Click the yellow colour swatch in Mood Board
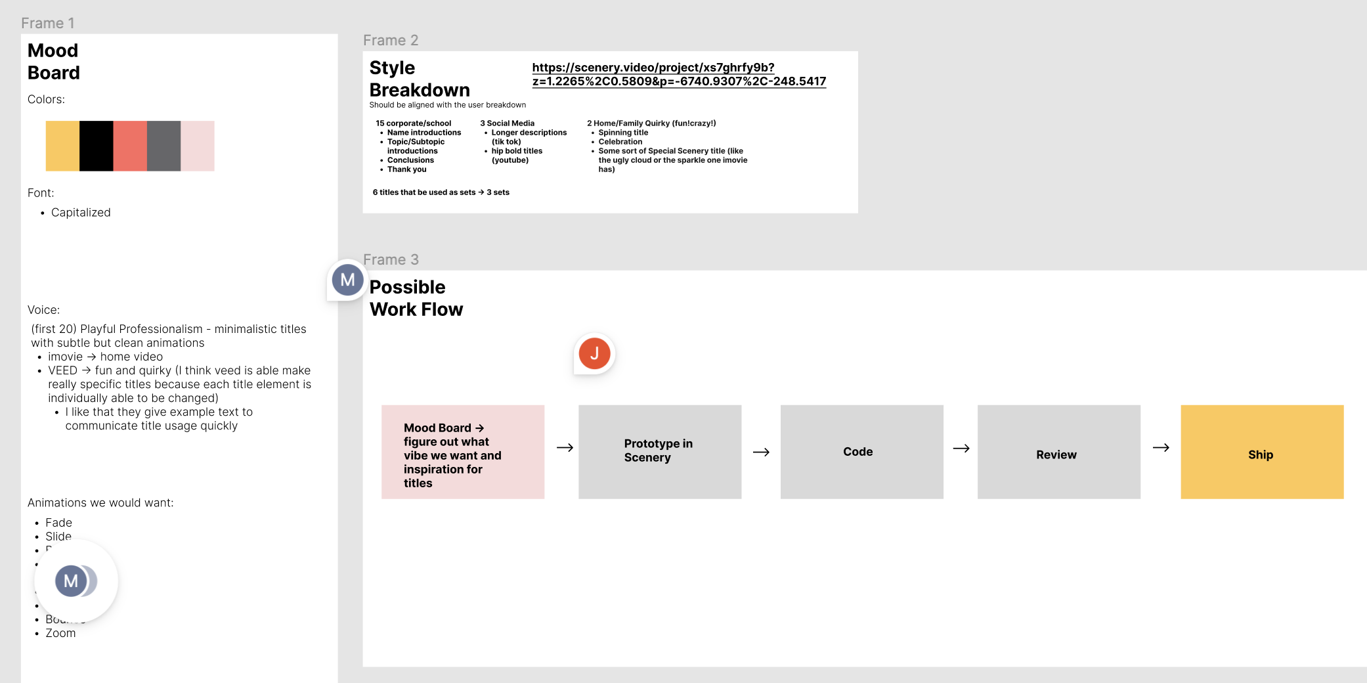coord(62,146)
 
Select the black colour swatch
coord(97,146)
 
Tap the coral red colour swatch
coord(130,146)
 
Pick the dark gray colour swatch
coord(163,146)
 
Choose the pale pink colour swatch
coord(198,146)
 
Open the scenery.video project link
coord(679,74)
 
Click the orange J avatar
coord(594,353)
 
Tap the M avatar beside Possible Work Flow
coord(347,280)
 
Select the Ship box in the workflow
coord(1261,452)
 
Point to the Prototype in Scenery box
coord(659,452)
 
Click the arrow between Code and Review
coord(961,449)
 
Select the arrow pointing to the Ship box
coord(1161,448)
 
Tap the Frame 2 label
coord(391,41)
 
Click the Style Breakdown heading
coord(420,79)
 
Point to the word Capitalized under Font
coord(81,213)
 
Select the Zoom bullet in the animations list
coord(60,633)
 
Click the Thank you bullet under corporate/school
coord(406,169)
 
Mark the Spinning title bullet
coord(623,133)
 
